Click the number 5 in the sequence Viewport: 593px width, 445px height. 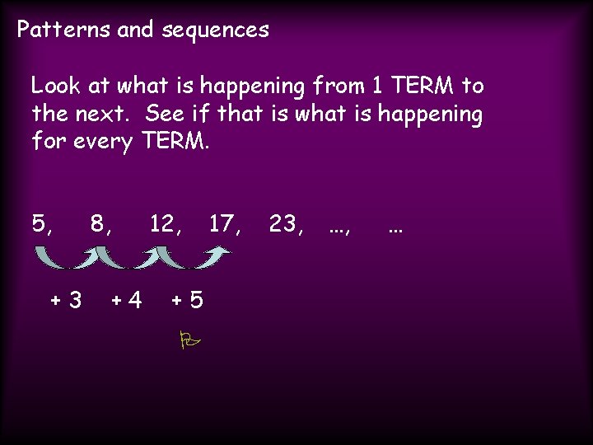pos(40,223)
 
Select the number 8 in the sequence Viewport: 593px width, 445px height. pos(98,223)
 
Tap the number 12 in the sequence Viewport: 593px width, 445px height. pos(161,223)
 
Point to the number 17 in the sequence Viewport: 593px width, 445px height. pos(221,223)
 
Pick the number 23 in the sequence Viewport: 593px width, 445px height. pos(282,223)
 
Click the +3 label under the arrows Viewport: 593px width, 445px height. pos(66,300)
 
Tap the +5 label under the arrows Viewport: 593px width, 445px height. pos(187,300)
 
